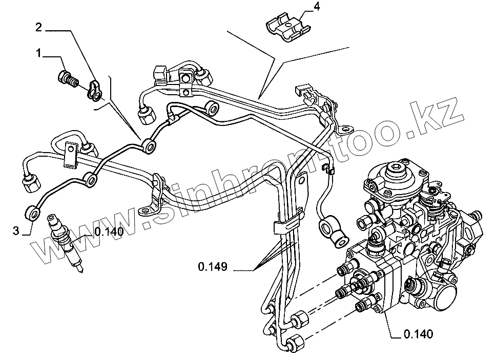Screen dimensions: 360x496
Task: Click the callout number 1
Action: [39, 53]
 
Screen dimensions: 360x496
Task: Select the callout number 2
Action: [38, 27]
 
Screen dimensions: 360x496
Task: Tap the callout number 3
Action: [16, 231]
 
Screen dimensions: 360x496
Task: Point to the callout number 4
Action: [317, 7]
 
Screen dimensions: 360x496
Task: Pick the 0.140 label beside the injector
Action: [108, 231]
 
